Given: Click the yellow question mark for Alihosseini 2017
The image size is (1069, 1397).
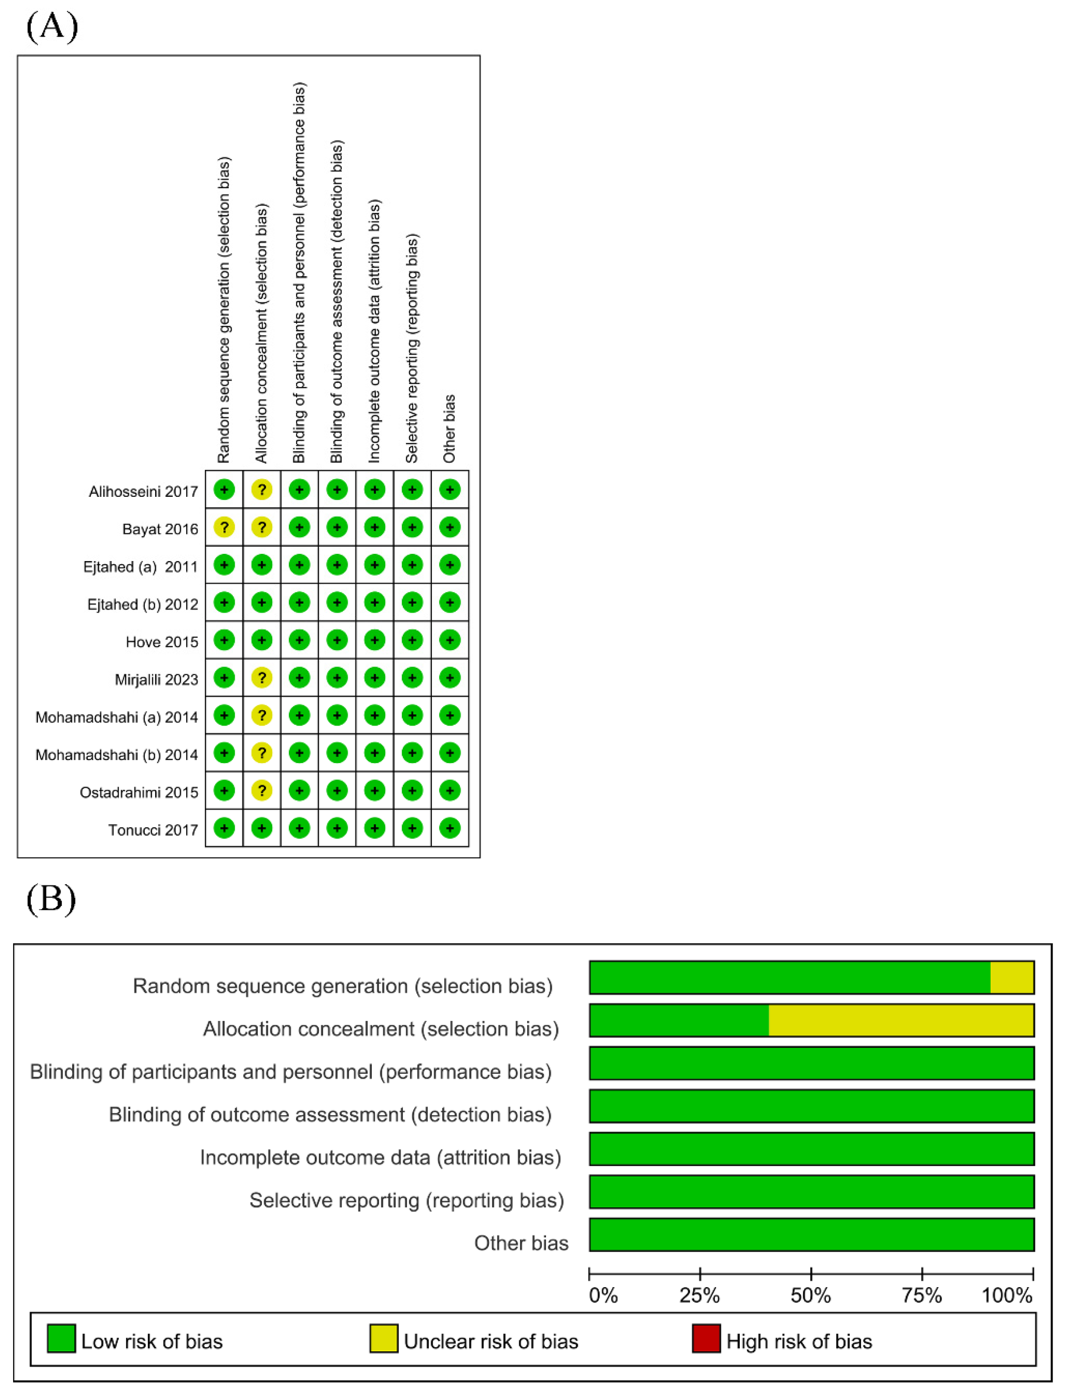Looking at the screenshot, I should click(261, 490).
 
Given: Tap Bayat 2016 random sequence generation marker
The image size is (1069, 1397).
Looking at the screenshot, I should click(224, 527).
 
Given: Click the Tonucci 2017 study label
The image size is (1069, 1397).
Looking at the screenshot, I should click(153, 830).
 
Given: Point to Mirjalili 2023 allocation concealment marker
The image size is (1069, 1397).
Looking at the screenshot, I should click(261, 678).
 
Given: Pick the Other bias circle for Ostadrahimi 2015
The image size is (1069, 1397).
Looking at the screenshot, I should click(450, 791).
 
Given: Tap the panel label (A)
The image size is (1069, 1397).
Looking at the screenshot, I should click(52, 27).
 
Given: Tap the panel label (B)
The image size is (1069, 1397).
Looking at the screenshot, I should click(51, 899).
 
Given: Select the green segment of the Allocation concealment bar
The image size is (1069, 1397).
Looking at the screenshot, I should click(679, 1020).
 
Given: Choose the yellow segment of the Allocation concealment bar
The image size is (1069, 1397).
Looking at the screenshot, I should click(901, 1020).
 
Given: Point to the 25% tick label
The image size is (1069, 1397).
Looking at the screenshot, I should click(699, 1295).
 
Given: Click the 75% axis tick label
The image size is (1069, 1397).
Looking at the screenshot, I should click(922, 1295).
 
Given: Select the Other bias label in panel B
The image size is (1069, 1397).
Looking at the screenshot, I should click(521, 1243).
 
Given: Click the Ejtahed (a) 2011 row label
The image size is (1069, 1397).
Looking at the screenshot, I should click(141, 567).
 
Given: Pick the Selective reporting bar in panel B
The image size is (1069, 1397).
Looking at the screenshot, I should click(811, 1192).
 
